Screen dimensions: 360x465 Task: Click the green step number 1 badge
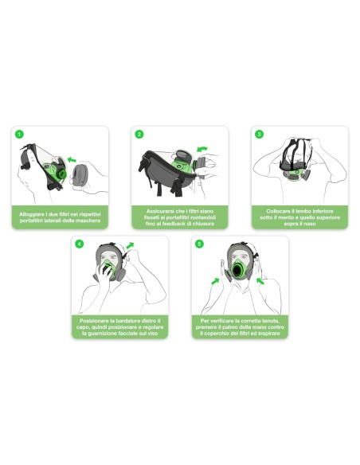19,135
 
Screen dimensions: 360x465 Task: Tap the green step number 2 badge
139,135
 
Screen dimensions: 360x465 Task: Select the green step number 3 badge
259,135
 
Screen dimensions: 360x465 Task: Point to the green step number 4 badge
79,244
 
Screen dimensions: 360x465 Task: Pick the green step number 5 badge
199,244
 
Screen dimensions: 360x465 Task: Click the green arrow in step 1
72,159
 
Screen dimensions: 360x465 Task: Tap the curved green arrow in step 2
202,149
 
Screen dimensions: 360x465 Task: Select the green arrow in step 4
130,245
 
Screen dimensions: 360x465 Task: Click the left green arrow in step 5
215,281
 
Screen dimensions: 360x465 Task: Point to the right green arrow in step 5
260,281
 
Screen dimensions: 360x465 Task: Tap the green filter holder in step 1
61,173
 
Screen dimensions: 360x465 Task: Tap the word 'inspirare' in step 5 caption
268,334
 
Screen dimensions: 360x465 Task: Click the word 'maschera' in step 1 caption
88,221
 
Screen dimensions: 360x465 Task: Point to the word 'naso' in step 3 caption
310,224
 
